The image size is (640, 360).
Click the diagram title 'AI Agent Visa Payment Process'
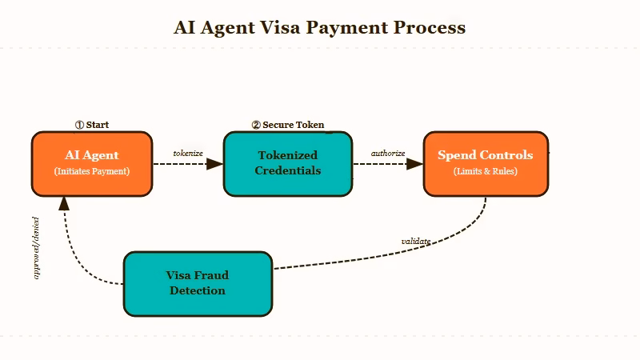pos(319,27)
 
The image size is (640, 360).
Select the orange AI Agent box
pos(92,163)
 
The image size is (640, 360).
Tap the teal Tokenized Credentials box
pos(287,163)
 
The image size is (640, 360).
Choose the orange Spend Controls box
pos(486,163)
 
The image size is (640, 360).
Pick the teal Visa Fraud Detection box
pos(198,283)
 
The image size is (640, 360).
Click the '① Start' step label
pos(92,125)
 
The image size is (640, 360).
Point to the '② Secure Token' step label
pos(288,125)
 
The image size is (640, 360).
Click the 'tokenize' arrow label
pos(188,153)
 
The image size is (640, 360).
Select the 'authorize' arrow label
pos(388,153)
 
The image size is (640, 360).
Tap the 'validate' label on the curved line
pos(416,241)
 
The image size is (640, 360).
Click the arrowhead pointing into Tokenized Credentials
pos(214,164)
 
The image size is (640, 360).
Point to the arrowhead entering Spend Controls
pos(414,164)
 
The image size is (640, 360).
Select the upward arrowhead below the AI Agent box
pos(64,202)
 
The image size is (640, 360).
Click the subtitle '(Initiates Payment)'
pos(92,171)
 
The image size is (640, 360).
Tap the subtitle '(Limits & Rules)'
pos(486,171)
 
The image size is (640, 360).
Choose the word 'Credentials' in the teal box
pos(287,170)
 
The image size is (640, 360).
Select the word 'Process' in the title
pos(430,27)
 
